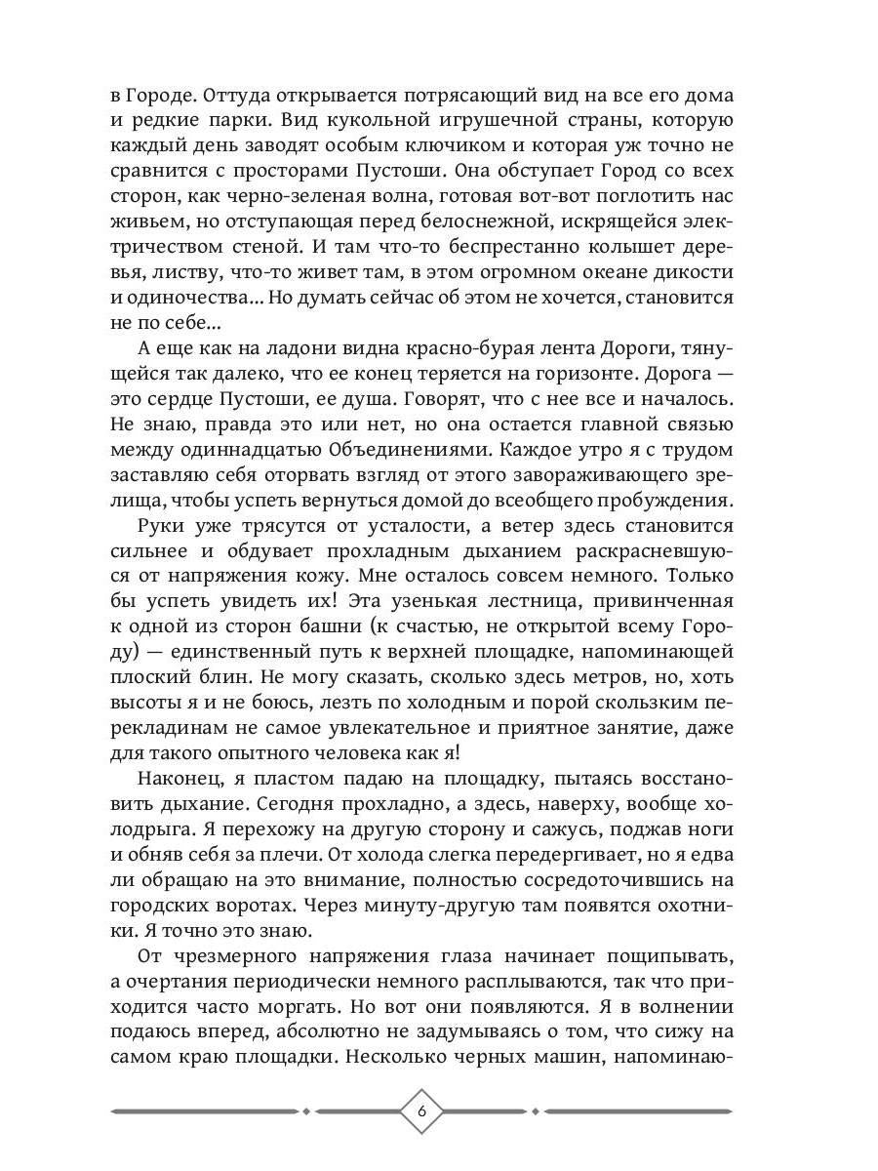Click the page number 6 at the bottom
pyautogui.click(x=421, y=1110)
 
